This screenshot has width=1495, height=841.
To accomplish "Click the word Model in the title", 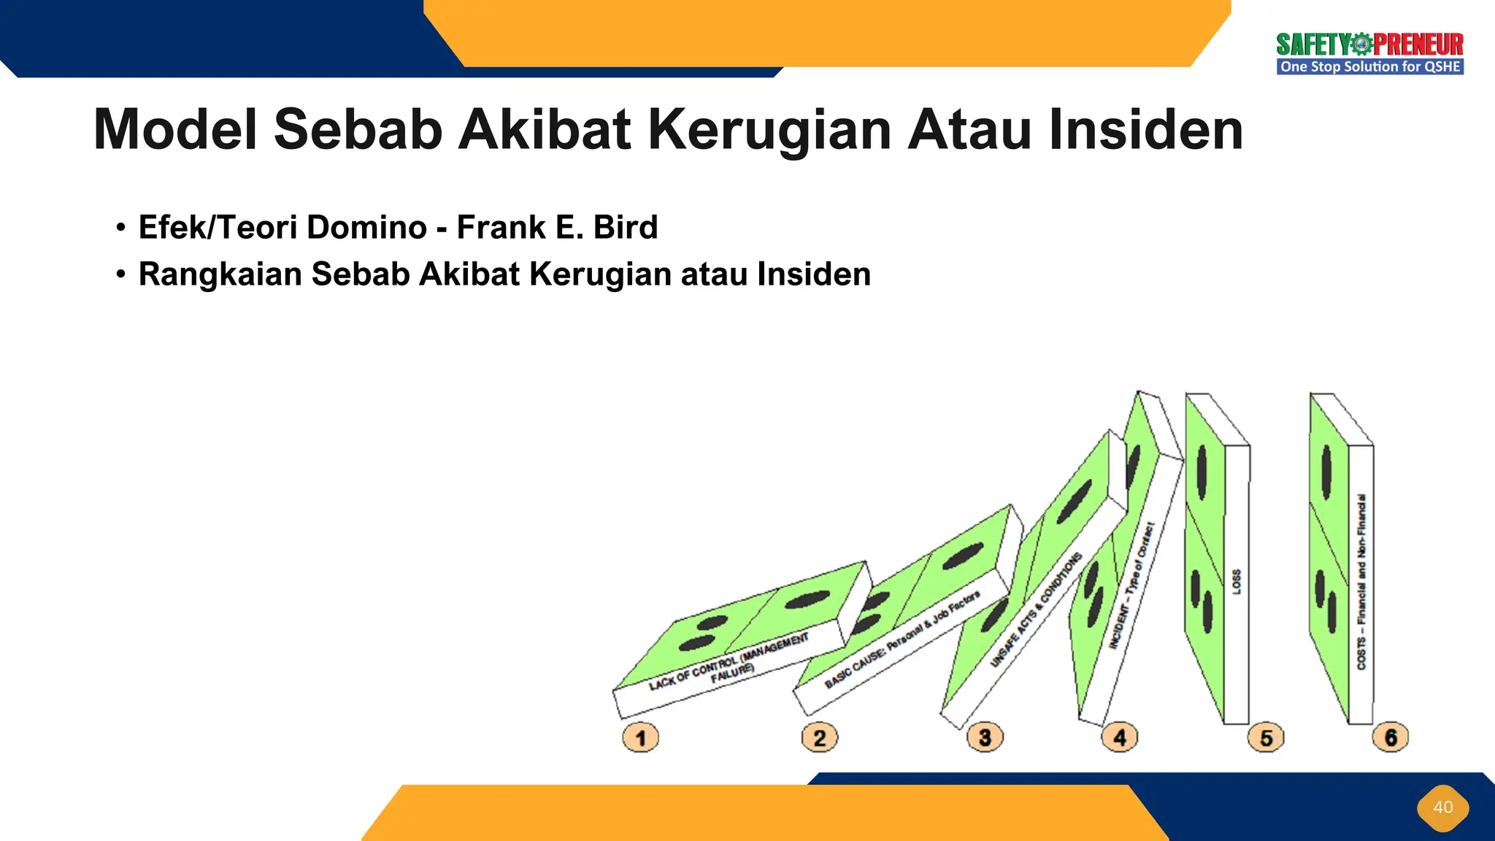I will [x=175, y=130].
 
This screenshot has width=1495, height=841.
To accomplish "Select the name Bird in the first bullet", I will [x=626, y=227].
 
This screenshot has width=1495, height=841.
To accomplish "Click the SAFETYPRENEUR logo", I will [x=1369, y=45].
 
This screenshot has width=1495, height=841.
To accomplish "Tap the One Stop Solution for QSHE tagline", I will [x=1369, y=67].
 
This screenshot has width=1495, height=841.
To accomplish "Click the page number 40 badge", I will [x=1442, y=807].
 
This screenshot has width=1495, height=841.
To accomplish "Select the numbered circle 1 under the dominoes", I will [x=640, y=737].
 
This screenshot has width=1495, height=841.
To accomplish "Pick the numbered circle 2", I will [x=819, y=737].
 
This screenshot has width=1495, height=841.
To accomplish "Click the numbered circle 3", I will [x=985, y=737].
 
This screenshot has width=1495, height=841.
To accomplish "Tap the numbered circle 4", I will [x=1119, y=737].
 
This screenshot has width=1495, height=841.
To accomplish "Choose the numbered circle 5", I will [x=1266, y=737].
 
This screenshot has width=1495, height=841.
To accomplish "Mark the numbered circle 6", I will [x=1391, y=737].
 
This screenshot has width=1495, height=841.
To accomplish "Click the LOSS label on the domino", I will [x=1237, y=581].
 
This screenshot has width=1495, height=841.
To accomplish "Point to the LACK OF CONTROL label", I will [x=729, y=661].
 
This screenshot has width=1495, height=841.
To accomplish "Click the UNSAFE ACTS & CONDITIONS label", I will [x=1035, y=610].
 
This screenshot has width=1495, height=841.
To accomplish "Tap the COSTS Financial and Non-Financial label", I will [x=1361, y=581].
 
